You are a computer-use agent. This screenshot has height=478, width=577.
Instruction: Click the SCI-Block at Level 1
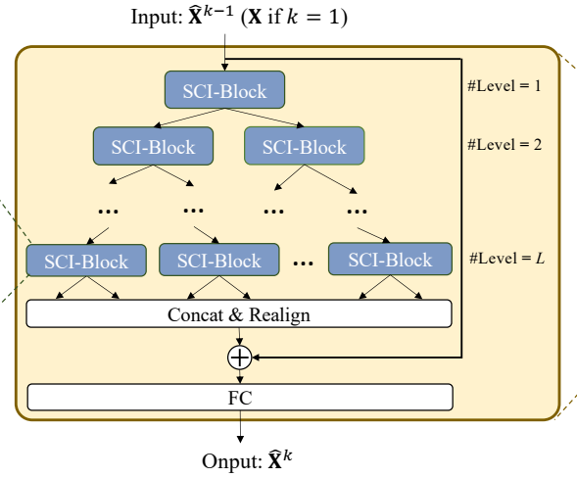[x=224, y=91]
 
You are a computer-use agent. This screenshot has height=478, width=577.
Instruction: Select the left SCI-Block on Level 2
[x=152, y=147]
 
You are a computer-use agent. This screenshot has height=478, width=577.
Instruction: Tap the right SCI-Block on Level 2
[x=304, y=147]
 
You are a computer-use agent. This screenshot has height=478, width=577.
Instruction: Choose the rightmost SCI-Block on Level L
[x=389, y=260]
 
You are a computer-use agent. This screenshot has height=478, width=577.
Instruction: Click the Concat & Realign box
[x=239, y=313]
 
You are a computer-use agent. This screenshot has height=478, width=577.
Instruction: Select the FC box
[x=239, y=397]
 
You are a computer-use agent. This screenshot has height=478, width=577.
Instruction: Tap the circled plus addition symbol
[x=239, y=357]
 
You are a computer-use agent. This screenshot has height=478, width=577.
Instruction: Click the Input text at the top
[x=239, y=17]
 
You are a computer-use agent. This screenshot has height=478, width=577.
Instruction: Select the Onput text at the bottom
[x=246, y=460]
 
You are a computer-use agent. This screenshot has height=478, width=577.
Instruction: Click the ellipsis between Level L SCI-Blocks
[x=304, y=263]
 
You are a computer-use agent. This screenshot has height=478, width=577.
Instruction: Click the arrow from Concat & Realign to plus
[x=239, y=335]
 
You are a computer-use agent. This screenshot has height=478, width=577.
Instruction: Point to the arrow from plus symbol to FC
[x=239, y=375]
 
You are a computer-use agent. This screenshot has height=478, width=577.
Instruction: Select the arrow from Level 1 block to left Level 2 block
[x=186, y=118]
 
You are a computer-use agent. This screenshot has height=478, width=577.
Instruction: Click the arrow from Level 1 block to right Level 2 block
[x=264, y=118]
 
